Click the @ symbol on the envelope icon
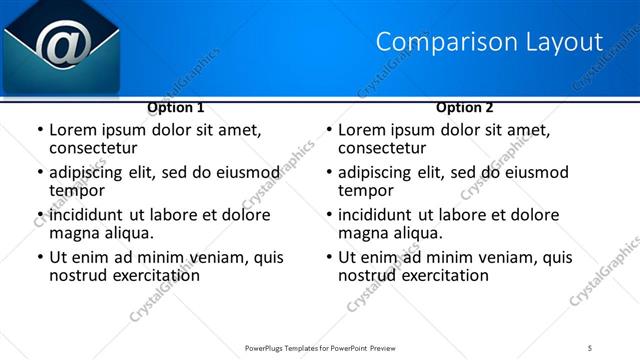click(x=62, y=43)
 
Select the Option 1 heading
click(x=176, y=107)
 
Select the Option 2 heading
click(x=465, y=107)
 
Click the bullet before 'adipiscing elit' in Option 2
click(x=328, y=173)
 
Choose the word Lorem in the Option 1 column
click(x=73, y=130)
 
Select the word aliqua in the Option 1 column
click(x=127, y=234)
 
